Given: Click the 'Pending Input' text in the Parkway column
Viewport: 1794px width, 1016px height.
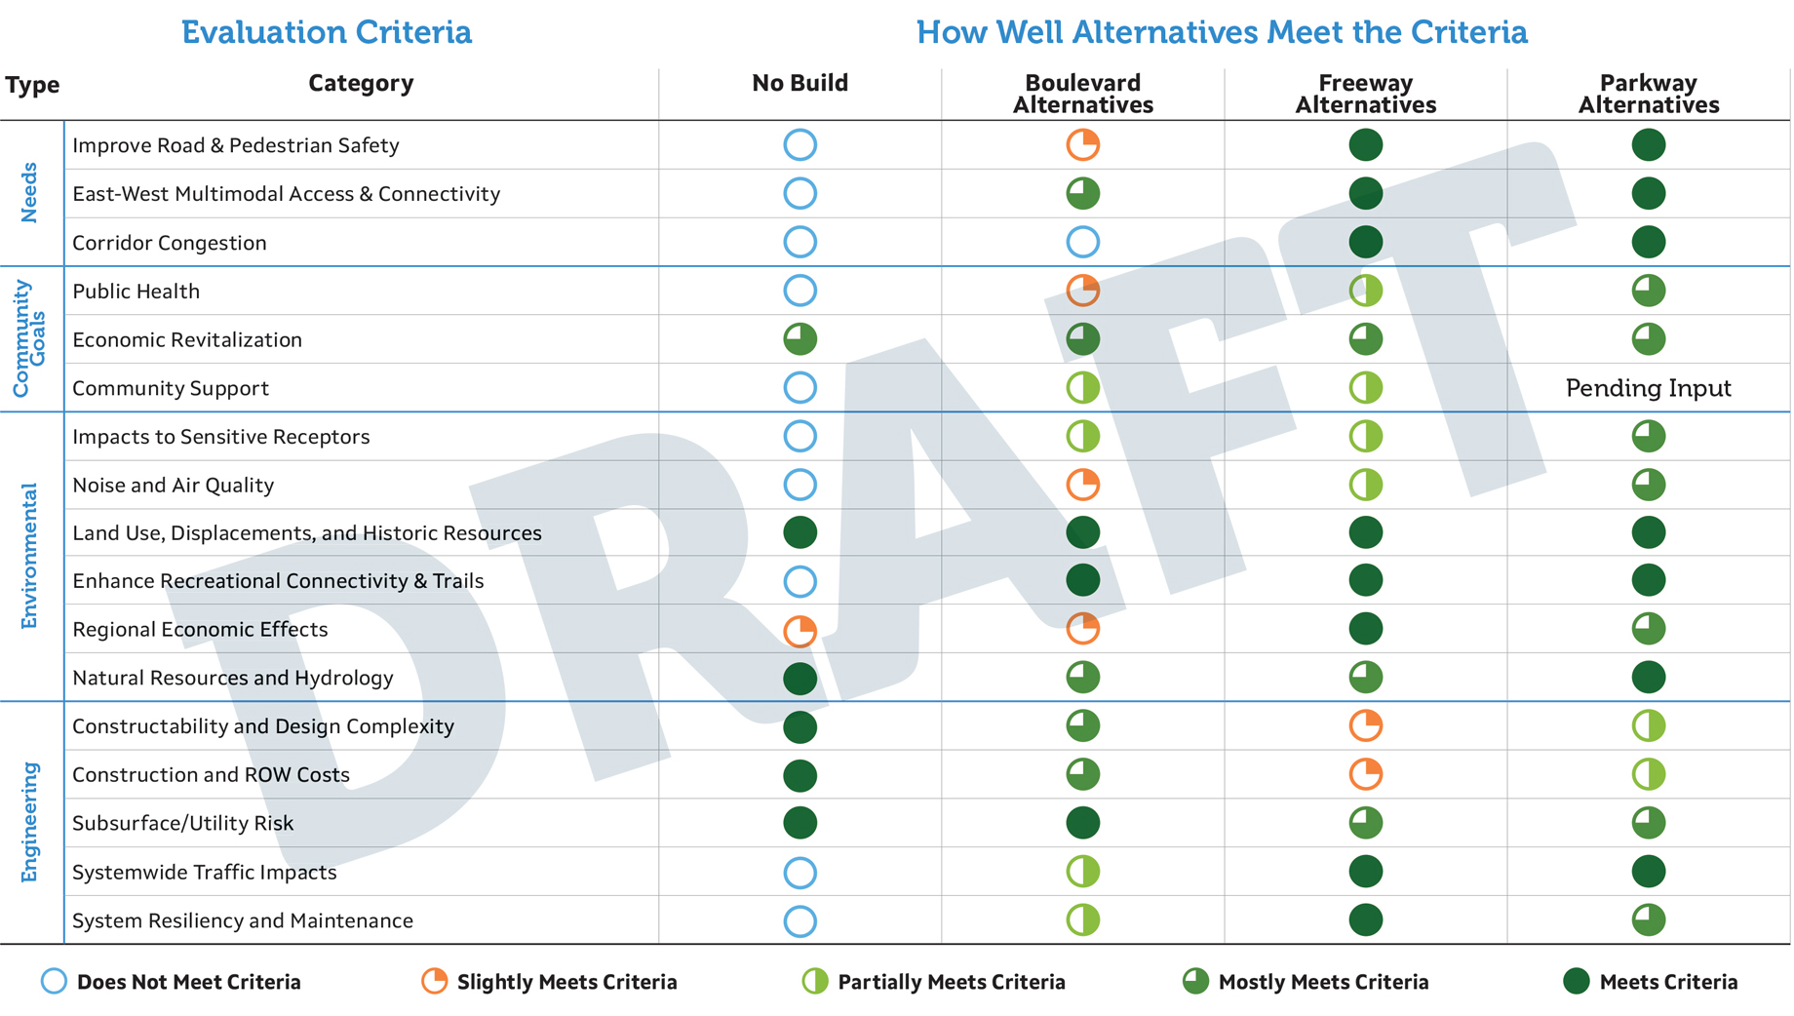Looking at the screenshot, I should click(x=1648, y=388).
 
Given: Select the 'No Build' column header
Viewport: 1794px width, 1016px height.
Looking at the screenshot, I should click(x=799, y=84).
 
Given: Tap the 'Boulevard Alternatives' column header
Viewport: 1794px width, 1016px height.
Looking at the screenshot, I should click(x=1082, y=94).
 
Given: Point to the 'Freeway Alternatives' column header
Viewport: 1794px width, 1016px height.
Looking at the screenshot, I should click(x=1365, y=94).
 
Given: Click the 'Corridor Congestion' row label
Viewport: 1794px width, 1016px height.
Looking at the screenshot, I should click(x=170, y=243).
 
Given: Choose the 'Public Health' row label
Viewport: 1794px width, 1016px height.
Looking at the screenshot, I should click(x=136, y=292).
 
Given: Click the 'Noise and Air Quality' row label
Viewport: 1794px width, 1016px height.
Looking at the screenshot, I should click(x=174, y=486).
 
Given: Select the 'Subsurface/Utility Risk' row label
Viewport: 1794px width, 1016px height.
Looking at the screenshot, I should click(x=183, y=824).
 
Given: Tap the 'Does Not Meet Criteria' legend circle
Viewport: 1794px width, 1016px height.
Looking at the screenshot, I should click(x=55, y=981).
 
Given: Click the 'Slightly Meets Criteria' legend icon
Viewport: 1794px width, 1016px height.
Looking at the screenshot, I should click(x=435, y=981).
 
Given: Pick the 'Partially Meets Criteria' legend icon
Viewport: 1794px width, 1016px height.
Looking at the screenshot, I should click(x=815, y=981).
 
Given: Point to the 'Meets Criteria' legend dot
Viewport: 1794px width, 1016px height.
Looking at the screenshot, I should click(x=1576, y=981).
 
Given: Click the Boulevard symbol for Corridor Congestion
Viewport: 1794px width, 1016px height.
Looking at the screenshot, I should click(x=1082, y=242).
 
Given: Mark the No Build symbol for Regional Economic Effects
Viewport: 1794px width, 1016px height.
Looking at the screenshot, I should click(x=799, y=631).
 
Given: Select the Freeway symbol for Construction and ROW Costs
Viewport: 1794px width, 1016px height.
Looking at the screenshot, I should click(x=1365, y=774).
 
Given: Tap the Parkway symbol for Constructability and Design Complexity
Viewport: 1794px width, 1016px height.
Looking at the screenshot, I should click(x=1648, y=725).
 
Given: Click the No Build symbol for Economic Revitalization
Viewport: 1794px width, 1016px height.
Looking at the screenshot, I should click(x=799, y=339).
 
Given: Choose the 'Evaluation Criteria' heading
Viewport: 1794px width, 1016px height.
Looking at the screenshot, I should click(x=327, y=32).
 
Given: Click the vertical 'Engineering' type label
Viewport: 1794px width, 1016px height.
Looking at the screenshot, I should click(x=30, y=822).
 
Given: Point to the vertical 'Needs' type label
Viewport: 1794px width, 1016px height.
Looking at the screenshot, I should click(x=30, y=192).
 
